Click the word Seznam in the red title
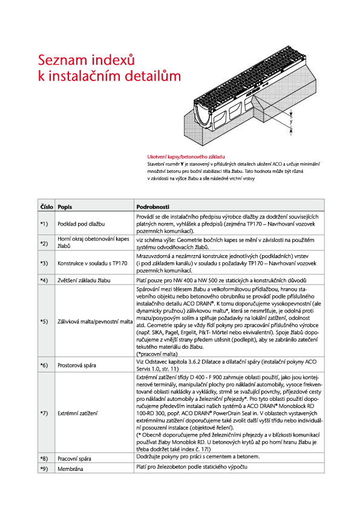point(63,60)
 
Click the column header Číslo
point(47,207)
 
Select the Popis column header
point(65,207)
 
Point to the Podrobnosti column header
point(152,207)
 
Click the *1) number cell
point(44,224)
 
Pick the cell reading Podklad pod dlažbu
point(81,224)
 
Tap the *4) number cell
point(44,280)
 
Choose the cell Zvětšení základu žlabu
point(84,280)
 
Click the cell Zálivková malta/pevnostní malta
point(95,322)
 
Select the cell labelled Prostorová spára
point(77,366)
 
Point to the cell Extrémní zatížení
point(77,413)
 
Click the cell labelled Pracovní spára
point(74,459)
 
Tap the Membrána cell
point(70,469)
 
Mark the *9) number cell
point(44,469)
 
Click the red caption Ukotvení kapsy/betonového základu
point(186,157)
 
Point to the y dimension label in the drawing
point(291,122)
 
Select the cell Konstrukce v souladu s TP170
point(93,263)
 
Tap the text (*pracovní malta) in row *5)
point(157,354)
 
